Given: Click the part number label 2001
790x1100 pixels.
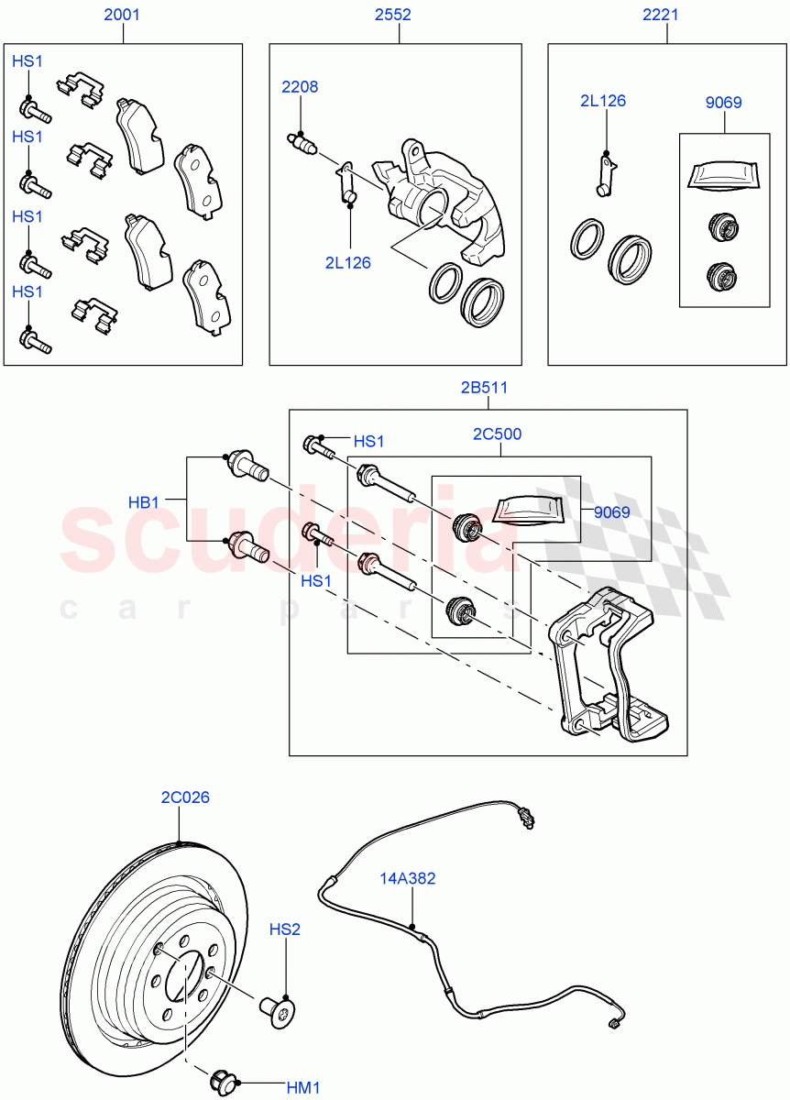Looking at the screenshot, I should pos(122,15).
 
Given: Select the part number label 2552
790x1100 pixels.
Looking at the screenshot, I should pos(399,15).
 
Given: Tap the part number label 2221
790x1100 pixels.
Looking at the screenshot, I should pos(666,15).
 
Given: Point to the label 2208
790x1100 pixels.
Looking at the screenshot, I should pos(300,87).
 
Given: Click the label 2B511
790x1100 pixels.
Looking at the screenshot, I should pos(485,387).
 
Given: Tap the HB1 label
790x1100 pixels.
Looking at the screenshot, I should pos(144,502).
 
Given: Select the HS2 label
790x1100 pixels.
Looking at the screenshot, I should pos(285,929).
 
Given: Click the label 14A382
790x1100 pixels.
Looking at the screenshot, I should pos(408,878).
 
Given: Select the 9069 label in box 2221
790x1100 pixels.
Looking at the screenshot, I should pos(723,103).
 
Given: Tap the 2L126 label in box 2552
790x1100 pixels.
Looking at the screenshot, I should pos(347,262).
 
